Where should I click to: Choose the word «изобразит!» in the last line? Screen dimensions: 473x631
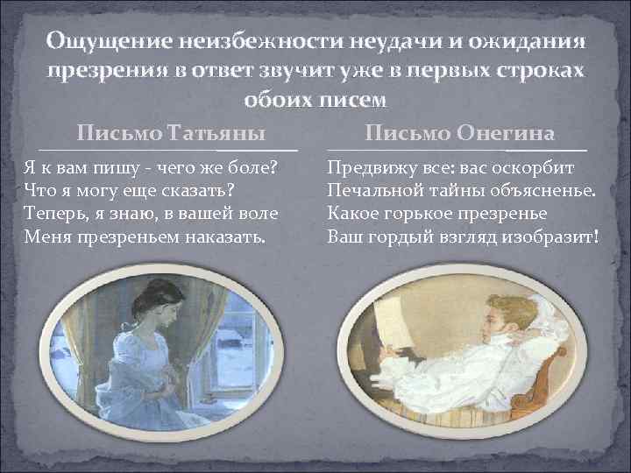(x=552, y=235)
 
